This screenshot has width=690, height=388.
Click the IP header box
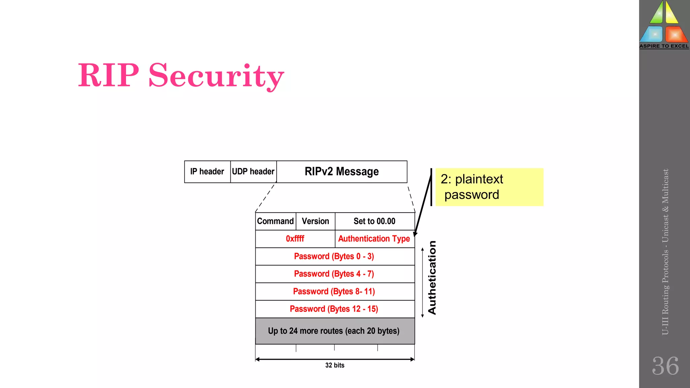(x=207, y=172)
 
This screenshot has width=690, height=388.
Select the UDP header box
(x=253, y=172)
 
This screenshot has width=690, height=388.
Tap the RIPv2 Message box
(x=342, y=172)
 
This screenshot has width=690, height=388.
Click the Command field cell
(x=276, y=221)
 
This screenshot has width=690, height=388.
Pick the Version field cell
(x=315, y=221)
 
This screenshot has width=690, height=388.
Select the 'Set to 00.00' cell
(x=375, y=221)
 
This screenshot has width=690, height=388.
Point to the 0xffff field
(x=295, y=239)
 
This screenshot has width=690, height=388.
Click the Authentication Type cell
(x=374, y=239)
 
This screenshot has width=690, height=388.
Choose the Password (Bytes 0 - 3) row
(x=334, y=257)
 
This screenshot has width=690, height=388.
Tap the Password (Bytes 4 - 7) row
(x=334, y=274)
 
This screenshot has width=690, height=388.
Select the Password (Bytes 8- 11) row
(x=334, y=292)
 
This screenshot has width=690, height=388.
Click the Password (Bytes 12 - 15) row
(x=334, y=309)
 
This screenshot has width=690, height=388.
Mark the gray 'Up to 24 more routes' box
(x=334, y=331)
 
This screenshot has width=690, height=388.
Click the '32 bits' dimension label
(x=335, y=365)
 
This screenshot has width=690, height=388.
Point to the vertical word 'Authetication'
(x=432, y=278)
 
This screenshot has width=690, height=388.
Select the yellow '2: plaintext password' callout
(x=489, y=187)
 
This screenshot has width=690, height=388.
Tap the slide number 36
(x=665, y=366)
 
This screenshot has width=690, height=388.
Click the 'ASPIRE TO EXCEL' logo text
(x=664, y=46)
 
